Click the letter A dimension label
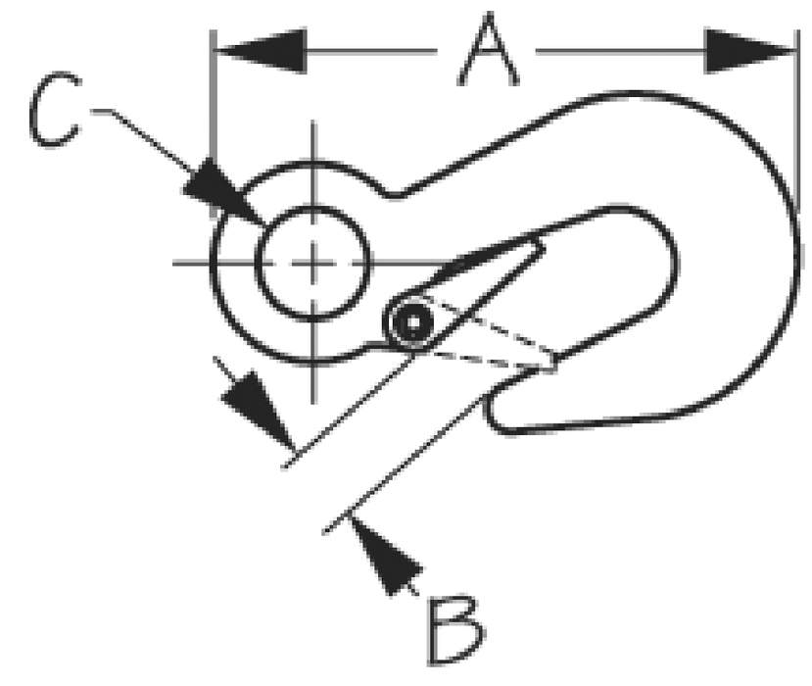488,50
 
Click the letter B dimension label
454,630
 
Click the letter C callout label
55,110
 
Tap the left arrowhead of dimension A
261,51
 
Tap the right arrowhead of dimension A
750,51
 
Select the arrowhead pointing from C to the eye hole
222,193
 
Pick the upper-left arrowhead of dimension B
258,410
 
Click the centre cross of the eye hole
312,264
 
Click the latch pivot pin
412,322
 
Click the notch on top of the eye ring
393,193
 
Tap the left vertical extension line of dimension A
213,123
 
